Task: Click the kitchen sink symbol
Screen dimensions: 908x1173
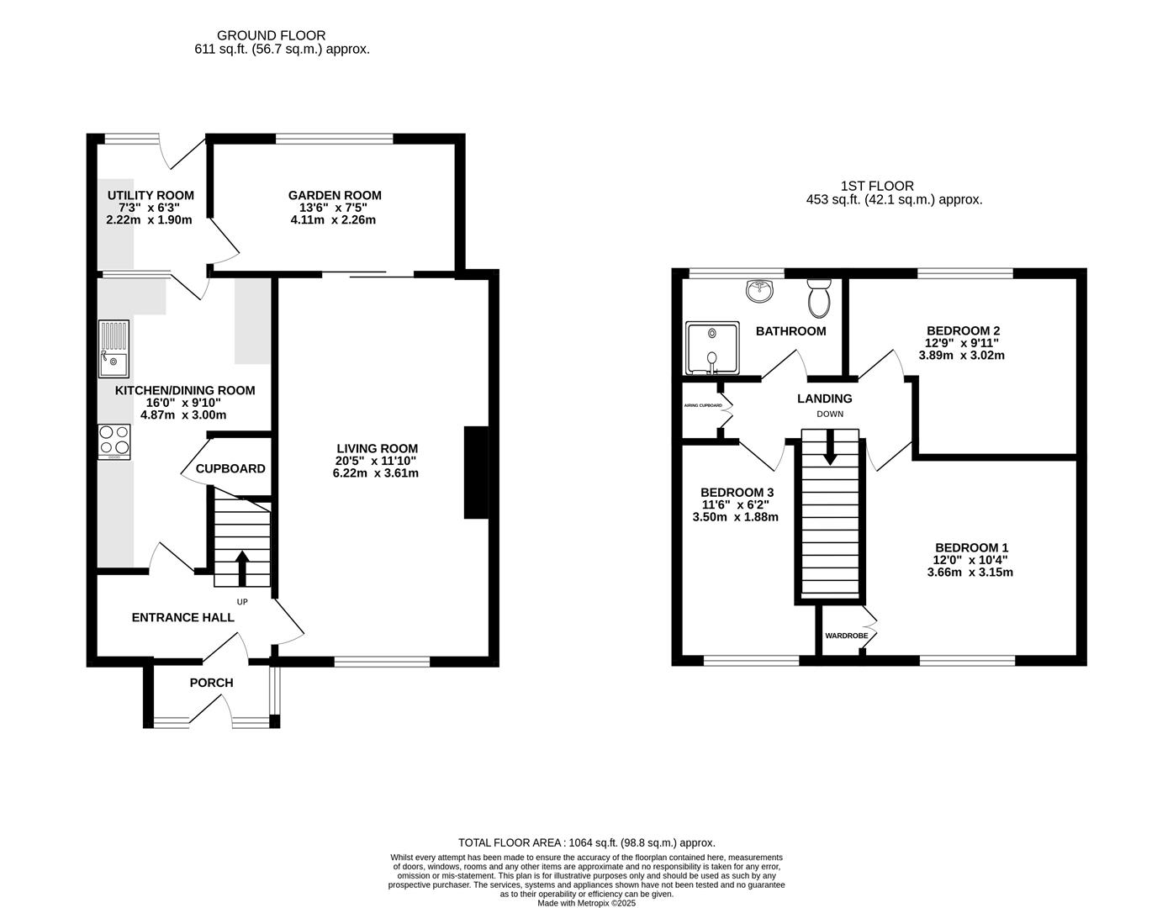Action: (114, 349)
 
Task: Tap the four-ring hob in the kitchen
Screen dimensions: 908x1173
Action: (114, 441)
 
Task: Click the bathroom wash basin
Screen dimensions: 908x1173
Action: (760, 292)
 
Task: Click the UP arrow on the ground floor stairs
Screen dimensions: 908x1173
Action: (242, 568)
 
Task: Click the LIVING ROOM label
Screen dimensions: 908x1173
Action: (375, 448)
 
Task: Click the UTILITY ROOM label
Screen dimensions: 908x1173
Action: (151, 195)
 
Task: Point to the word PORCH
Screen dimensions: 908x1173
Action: (211, 683)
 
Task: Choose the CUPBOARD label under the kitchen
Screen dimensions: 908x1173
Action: (230, 468)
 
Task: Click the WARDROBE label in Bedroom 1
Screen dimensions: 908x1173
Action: (846, 636)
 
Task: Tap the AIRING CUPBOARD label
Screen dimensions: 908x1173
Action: (702, 405)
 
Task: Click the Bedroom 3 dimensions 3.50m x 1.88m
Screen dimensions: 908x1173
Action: (735, 517)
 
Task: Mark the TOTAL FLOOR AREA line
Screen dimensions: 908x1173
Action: (586, 842)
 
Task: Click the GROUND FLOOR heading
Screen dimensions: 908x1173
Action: (271, 35)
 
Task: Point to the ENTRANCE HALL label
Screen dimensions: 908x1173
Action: (182, 617)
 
